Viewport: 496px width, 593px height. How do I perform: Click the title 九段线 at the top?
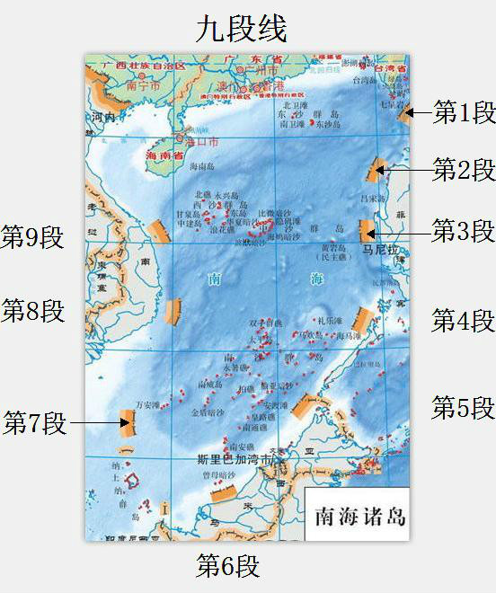tap(242, 29)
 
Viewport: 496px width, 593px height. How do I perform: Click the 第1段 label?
tap(464, 112)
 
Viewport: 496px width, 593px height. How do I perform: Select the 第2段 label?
tap(464, 169)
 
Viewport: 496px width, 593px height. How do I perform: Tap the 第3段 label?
tap(463, 231)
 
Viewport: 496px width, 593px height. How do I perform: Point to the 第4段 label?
tap(463, 320)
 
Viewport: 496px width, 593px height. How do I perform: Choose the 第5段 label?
tap(463, 407)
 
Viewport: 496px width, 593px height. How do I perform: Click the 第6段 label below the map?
tap(228, 566)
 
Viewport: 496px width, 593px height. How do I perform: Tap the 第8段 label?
tap(33, 311)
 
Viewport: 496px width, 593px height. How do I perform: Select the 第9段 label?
tap(33, 238)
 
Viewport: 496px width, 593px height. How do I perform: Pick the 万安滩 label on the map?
tap(150, 404)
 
